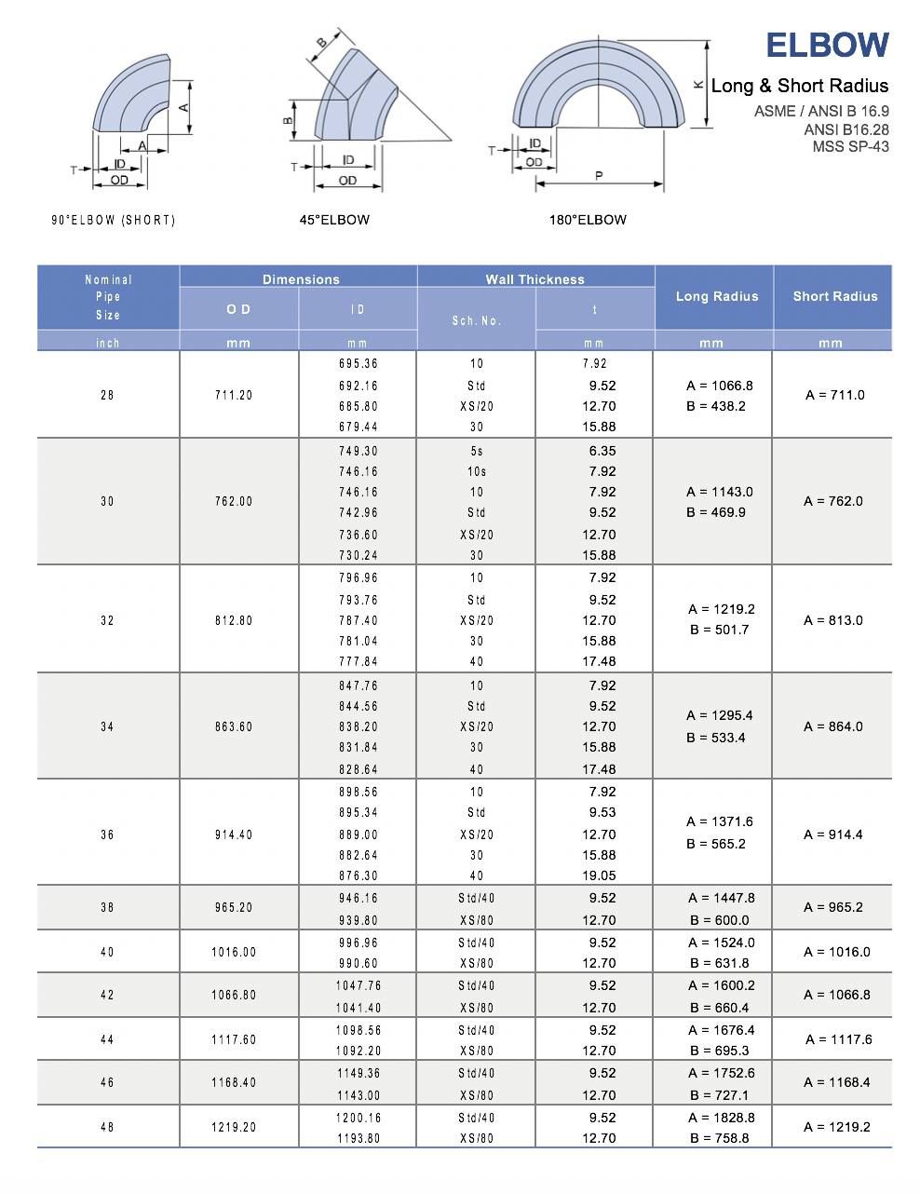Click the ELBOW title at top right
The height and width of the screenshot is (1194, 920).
click(827, 46)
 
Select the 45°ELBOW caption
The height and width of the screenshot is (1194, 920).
click(334, 220)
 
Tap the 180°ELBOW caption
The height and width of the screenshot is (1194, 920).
click(588, 220)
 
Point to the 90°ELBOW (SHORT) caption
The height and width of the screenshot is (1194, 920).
click(114, 220)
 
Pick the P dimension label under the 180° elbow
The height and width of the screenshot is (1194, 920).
click(599, 175)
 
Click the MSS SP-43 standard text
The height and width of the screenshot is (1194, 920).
click(850, 146)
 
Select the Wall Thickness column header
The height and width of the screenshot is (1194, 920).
click(534, 279)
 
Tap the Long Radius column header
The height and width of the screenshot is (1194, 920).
click(717, 296)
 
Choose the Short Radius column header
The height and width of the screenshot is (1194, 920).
click(835, 296)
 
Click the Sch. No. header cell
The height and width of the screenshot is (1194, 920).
click(477, 320)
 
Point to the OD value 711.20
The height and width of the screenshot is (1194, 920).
click(234, 395)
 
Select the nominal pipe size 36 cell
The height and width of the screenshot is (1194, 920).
click(107, 834)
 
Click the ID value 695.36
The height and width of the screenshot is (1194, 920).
click(359, 363)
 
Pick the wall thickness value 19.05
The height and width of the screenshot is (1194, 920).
click(599, 875)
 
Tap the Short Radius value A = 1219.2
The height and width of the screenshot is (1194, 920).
click(837, 1127)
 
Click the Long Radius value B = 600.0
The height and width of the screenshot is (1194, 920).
click(720, 920)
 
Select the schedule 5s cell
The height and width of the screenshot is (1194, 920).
click(477, 451)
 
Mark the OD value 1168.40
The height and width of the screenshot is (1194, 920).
click(234, 1082)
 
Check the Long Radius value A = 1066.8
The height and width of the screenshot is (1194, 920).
click(720, 386)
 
